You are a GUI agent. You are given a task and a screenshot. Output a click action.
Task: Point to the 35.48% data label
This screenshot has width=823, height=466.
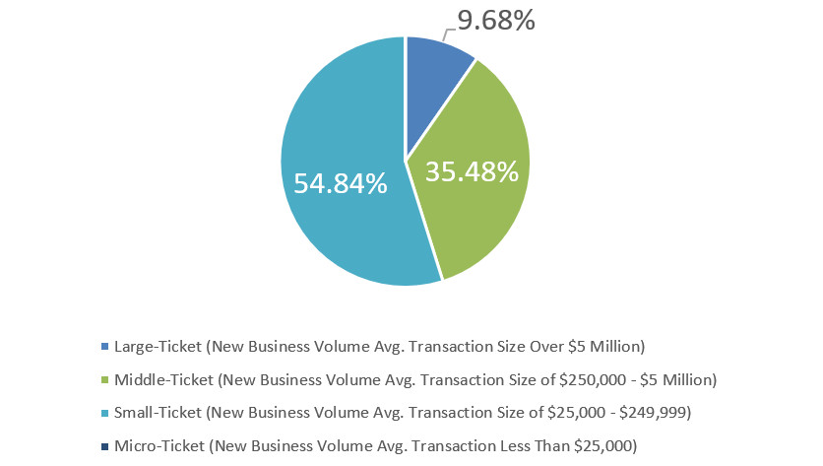[x=472, y=171]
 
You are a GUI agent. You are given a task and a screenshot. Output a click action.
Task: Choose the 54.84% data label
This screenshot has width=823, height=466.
[x=340, y=182]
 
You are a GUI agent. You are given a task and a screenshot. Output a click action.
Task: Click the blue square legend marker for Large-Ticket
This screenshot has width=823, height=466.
[x=105, y=346]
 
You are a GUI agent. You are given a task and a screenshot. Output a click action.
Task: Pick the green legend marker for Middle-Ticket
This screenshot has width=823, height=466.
[x=105, y=379]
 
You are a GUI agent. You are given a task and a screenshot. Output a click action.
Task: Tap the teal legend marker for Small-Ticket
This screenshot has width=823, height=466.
[x=105, y=412]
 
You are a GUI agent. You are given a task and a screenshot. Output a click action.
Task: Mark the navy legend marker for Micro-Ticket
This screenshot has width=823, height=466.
[x=105, y=445]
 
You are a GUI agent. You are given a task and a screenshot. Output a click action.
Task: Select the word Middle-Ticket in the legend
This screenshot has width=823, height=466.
[x=162, y=379]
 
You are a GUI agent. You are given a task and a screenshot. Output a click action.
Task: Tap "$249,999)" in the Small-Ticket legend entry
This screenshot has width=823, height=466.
[x=659, y=412]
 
